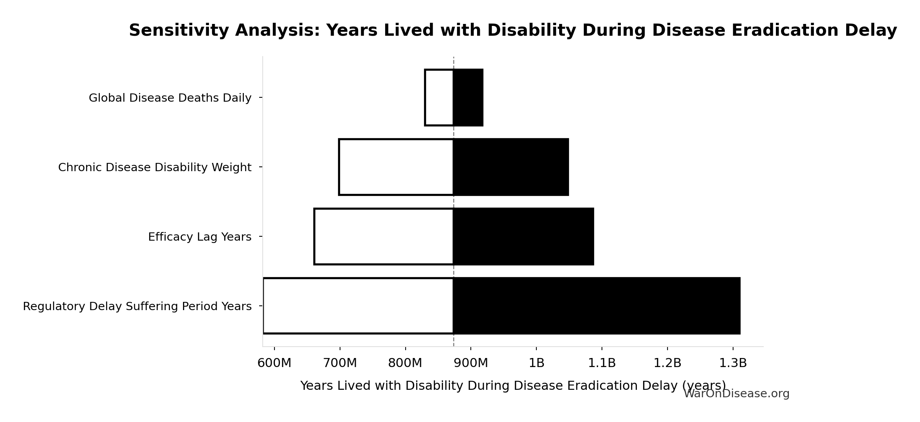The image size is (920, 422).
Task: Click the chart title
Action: point(513,31)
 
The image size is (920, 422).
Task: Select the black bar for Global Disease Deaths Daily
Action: point(468,98)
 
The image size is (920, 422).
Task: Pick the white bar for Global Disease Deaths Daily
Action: point(439,98)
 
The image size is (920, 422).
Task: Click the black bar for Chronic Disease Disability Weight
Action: point(511,167)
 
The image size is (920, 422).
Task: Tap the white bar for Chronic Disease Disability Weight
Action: point(396,167)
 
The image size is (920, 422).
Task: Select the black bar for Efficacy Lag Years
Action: point(524,237)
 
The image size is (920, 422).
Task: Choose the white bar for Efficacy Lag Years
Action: point(384,237)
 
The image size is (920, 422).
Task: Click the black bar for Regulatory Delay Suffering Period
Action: point(597,306)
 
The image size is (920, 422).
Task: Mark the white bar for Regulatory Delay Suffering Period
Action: point(358,306)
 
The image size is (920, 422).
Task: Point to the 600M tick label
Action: point(274,364)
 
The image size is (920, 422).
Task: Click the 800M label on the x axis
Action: point(405,364)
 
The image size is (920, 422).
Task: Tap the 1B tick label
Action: point(536,364)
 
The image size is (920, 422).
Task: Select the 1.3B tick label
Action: point(733,364)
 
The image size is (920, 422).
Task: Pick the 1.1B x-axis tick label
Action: point(602,364)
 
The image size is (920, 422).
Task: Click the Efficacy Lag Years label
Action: point(199,237)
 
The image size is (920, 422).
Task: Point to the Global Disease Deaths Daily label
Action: point(170,98)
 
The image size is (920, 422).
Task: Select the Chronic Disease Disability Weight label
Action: point(155,168)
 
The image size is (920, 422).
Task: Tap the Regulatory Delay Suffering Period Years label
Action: point(137,307)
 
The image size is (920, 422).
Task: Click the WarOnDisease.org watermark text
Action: point(736,394)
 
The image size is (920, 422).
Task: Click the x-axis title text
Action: point(491,386)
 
